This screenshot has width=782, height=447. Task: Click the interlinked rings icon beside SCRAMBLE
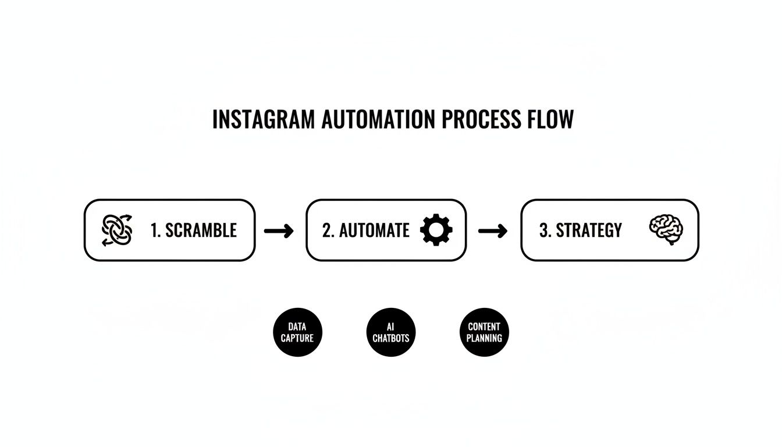(x=117, y=230)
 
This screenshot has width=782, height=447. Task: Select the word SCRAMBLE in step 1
(x=201, y=230)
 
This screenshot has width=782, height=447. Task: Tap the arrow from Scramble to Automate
(x=279, y=231)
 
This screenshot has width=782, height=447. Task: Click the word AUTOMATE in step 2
(x=374, y=230)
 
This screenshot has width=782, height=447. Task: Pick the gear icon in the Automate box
(x=436, y=230)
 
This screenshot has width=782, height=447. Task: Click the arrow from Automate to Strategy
(x=492, y=231)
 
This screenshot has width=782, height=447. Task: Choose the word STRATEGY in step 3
(x=589, y=230)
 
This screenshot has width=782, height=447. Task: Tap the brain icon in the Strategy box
(x=666, y=229)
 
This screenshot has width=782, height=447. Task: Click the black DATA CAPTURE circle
(x=297, y=332)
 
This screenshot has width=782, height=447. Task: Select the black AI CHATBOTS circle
(x=391, y=332)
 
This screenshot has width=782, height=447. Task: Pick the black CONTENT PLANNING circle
(x=485, y=332)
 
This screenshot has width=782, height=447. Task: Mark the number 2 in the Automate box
(x=327, y=230)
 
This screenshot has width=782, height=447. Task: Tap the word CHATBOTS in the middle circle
(x=391, y=338)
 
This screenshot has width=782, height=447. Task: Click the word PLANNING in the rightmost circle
(x=485, y=338)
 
